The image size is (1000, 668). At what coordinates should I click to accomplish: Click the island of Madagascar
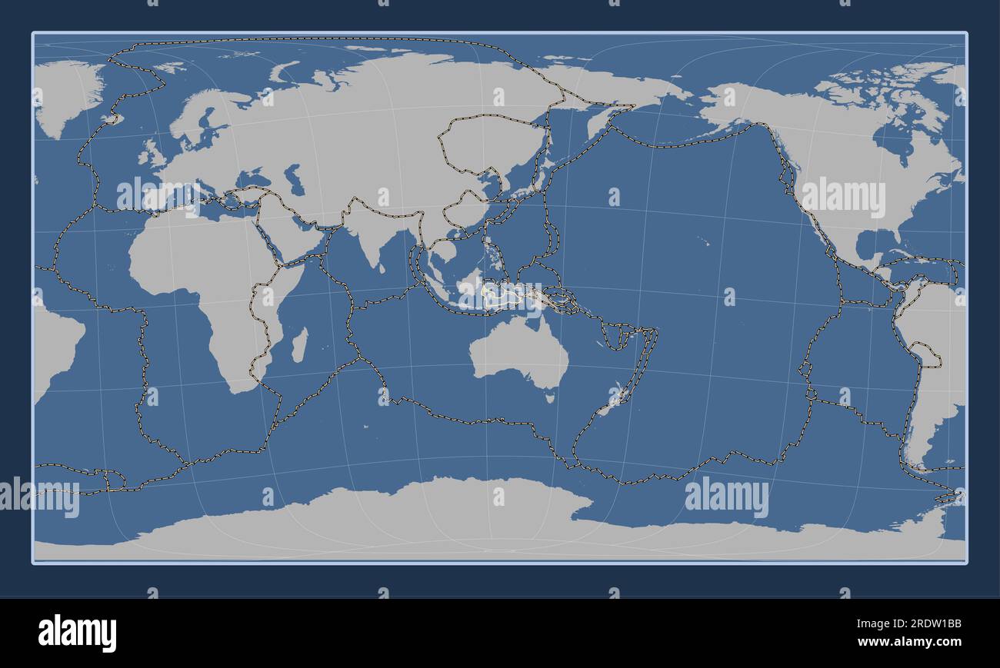(x=299, y=346)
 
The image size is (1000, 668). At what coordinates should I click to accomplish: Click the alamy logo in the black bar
(x=78, y=633)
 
